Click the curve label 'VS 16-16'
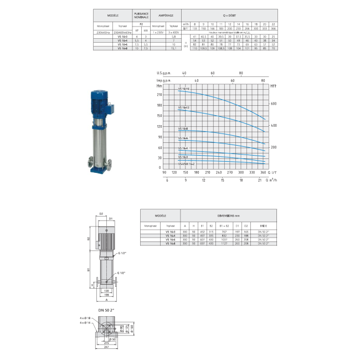pyautogui.click(x=184, y=89)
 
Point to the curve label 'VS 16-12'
pyautogui.click(x=184, y=107)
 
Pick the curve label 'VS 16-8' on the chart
pyautogui.click(x=183, y=128)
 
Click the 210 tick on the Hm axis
pyautogui.click(x=160, y=95)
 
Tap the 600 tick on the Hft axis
pyautogui.click(x=273, y=104)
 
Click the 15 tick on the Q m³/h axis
pyautogui.click(x=222, y=180)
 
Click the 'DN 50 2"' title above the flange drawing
pyautogui.click(x=107, y=309)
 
